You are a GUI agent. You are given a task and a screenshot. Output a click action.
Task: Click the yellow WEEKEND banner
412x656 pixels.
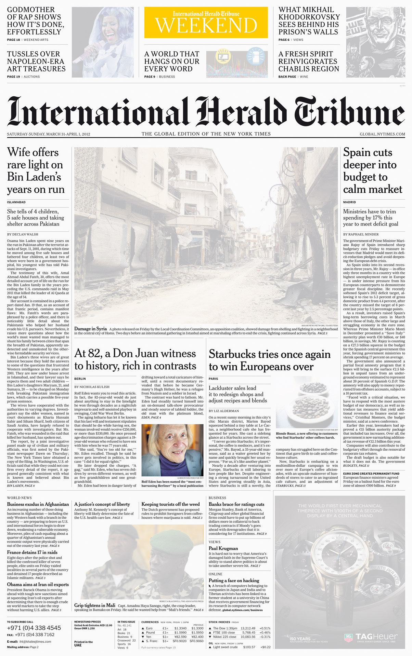(x=206, y=23)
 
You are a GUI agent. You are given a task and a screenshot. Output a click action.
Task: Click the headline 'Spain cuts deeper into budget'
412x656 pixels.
(x=373, y=170)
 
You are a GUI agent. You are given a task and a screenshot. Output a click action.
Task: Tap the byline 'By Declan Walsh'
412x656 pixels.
(x=23, y=234)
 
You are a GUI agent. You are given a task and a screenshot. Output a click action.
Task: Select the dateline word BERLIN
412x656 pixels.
(x=80, y=379)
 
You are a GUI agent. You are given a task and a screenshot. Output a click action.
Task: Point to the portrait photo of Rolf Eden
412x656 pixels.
(x=172, y=450)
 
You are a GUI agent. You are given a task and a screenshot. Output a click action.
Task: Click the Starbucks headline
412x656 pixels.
(x=270, y=360)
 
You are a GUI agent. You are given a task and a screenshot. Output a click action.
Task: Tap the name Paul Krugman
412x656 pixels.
(x=223, y=548)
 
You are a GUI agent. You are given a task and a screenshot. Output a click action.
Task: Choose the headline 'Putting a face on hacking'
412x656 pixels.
(x=234, y=580)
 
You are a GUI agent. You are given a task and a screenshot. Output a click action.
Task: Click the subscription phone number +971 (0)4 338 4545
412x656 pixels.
(x=34, y=628)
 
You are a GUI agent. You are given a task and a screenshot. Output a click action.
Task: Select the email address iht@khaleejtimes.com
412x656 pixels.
(x=35, y=642)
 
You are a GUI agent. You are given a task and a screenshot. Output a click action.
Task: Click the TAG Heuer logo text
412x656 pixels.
(x=376, y=637)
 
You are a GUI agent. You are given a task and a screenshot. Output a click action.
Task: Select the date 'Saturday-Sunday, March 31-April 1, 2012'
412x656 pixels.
(x=49, y=134)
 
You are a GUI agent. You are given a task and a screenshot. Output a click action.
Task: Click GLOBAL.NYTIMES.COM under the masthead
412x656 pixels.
(x=382, y=134)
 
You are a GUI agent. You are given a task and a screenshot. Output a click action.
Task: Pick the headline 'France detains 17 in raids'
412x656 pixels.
(x=32, y=552)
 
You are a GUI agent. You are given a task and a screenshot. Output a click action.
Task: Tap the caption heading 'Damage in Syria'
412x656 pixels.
(x=90, y=329)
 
